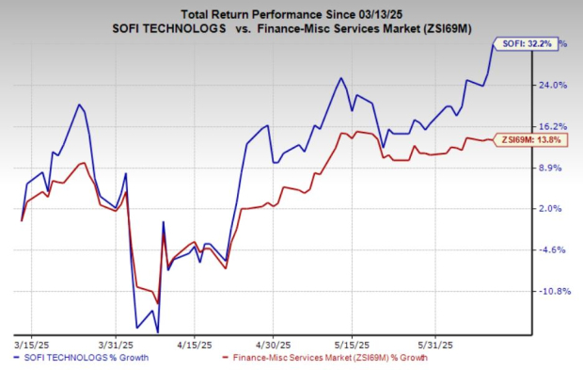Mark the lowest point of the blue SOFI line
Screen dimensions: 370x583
pos(157,331)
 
